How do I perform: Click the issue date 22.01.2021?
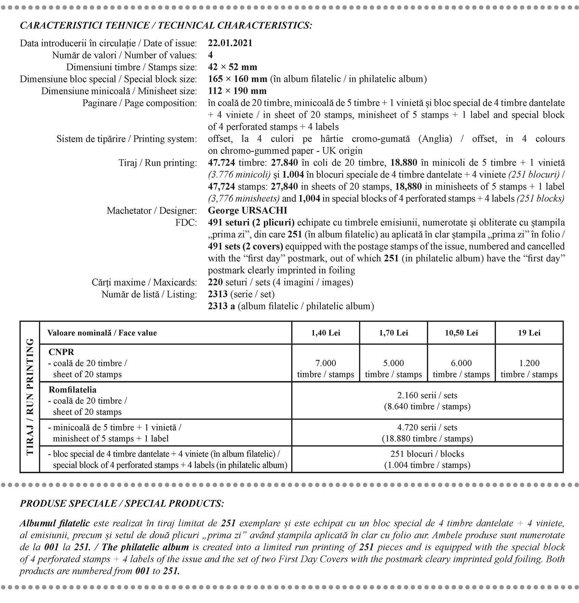click(230, 43)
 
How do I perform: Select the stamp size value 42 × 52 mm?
click(232, 67)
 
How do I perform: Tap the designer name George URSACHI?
click(247, 210)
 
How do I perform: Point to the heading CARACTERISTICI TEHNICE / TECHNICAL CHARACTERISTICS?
click(166, 25)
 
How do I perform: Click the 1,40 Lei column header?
click(325, 333)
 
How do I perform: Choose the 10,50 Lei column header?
click(461, 333)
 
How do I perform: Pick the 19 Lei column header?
click(529, 333)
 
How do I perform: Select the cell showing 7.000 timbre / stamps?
click(325, 369)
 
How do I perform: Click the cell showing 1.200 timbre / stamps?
click(529, 369)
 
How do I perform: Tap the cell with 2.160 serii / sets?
click(427, 401)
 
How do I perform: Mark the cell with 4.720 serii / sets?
click(427, 433)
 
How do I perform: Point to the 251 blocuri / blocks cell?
click(427, 459)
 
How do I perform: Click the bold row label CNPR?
click(62, 352)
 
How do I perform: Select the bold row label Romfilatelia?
click(72, 390)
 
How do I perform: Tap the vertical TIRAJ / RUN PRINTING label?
click(30, 397)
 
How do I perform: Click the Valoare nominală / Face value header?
click(102, 333)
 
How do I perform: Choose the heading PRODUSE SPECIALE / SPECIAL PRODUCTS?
click(122, 504)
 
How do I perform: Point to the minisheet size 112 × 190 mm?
click(237, 91)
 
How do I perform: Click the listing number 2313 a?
click(221, 306)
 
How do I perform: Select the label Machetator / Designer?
click(152, 210)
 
